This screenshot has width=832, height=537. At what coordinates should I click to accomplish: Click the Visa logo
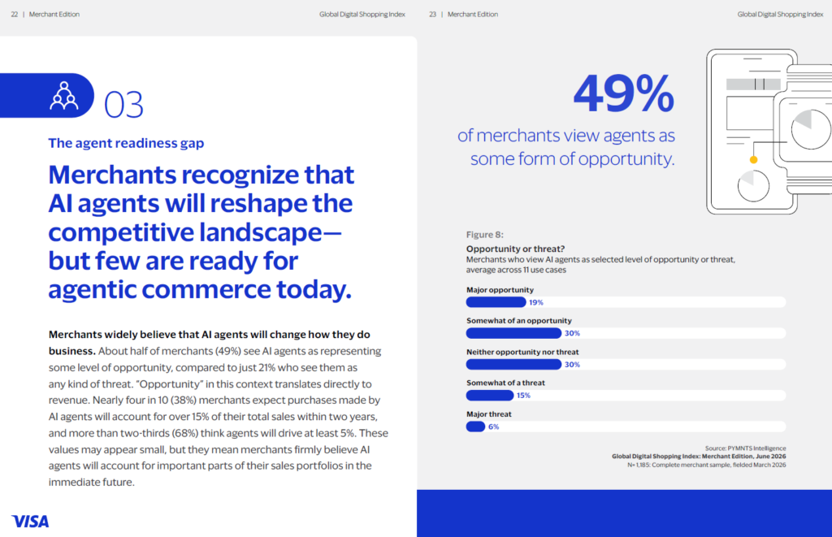point(30,522)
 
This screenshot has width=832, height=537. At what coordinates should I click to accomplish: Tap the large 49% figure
point(624,93)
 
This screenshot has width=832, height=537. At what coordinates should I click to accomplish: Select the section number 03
point(123,105)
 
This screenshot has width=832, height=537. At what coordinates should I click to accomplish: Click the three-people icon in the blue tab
point(64,96)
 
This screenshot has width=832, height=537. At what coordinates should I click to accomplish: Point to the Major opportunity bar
point(496,302)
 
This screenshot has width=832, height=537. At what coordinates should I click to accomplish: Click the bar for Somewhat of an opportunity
point(513,333)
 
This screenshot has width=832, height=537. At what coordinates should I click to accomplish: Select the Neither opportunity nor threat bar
point(513,365)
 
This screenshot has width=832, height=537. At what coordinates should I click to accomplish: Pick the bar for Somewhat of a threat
point(490,396)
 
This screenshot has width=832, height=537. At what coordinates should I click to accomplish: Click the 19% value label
point(536,302)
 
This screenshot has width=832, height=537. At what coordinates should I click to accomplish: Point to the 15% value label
point(523,396)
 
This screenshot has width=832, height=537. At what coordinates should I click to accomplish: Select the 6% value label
point(493,427)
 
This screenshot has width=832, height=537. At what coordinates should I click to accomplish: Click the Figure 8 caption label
point(485,235)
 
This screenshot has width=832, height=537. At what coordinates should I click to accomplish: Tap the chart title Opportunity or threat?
point(515,249)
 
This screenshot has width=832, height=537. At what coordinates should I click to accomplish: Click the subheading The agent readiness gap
point(126,143)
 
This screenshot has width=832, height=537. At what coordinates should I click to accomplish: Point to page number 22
point(15,15)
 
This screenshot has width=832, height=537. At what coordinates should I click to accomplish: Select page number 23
point(432,15)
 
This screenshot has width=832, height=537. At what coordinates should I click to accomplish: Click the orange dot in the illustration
point(753,160)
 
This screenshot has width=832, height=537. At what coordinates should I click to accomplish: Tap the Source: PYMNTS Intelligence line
point(746,448)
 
